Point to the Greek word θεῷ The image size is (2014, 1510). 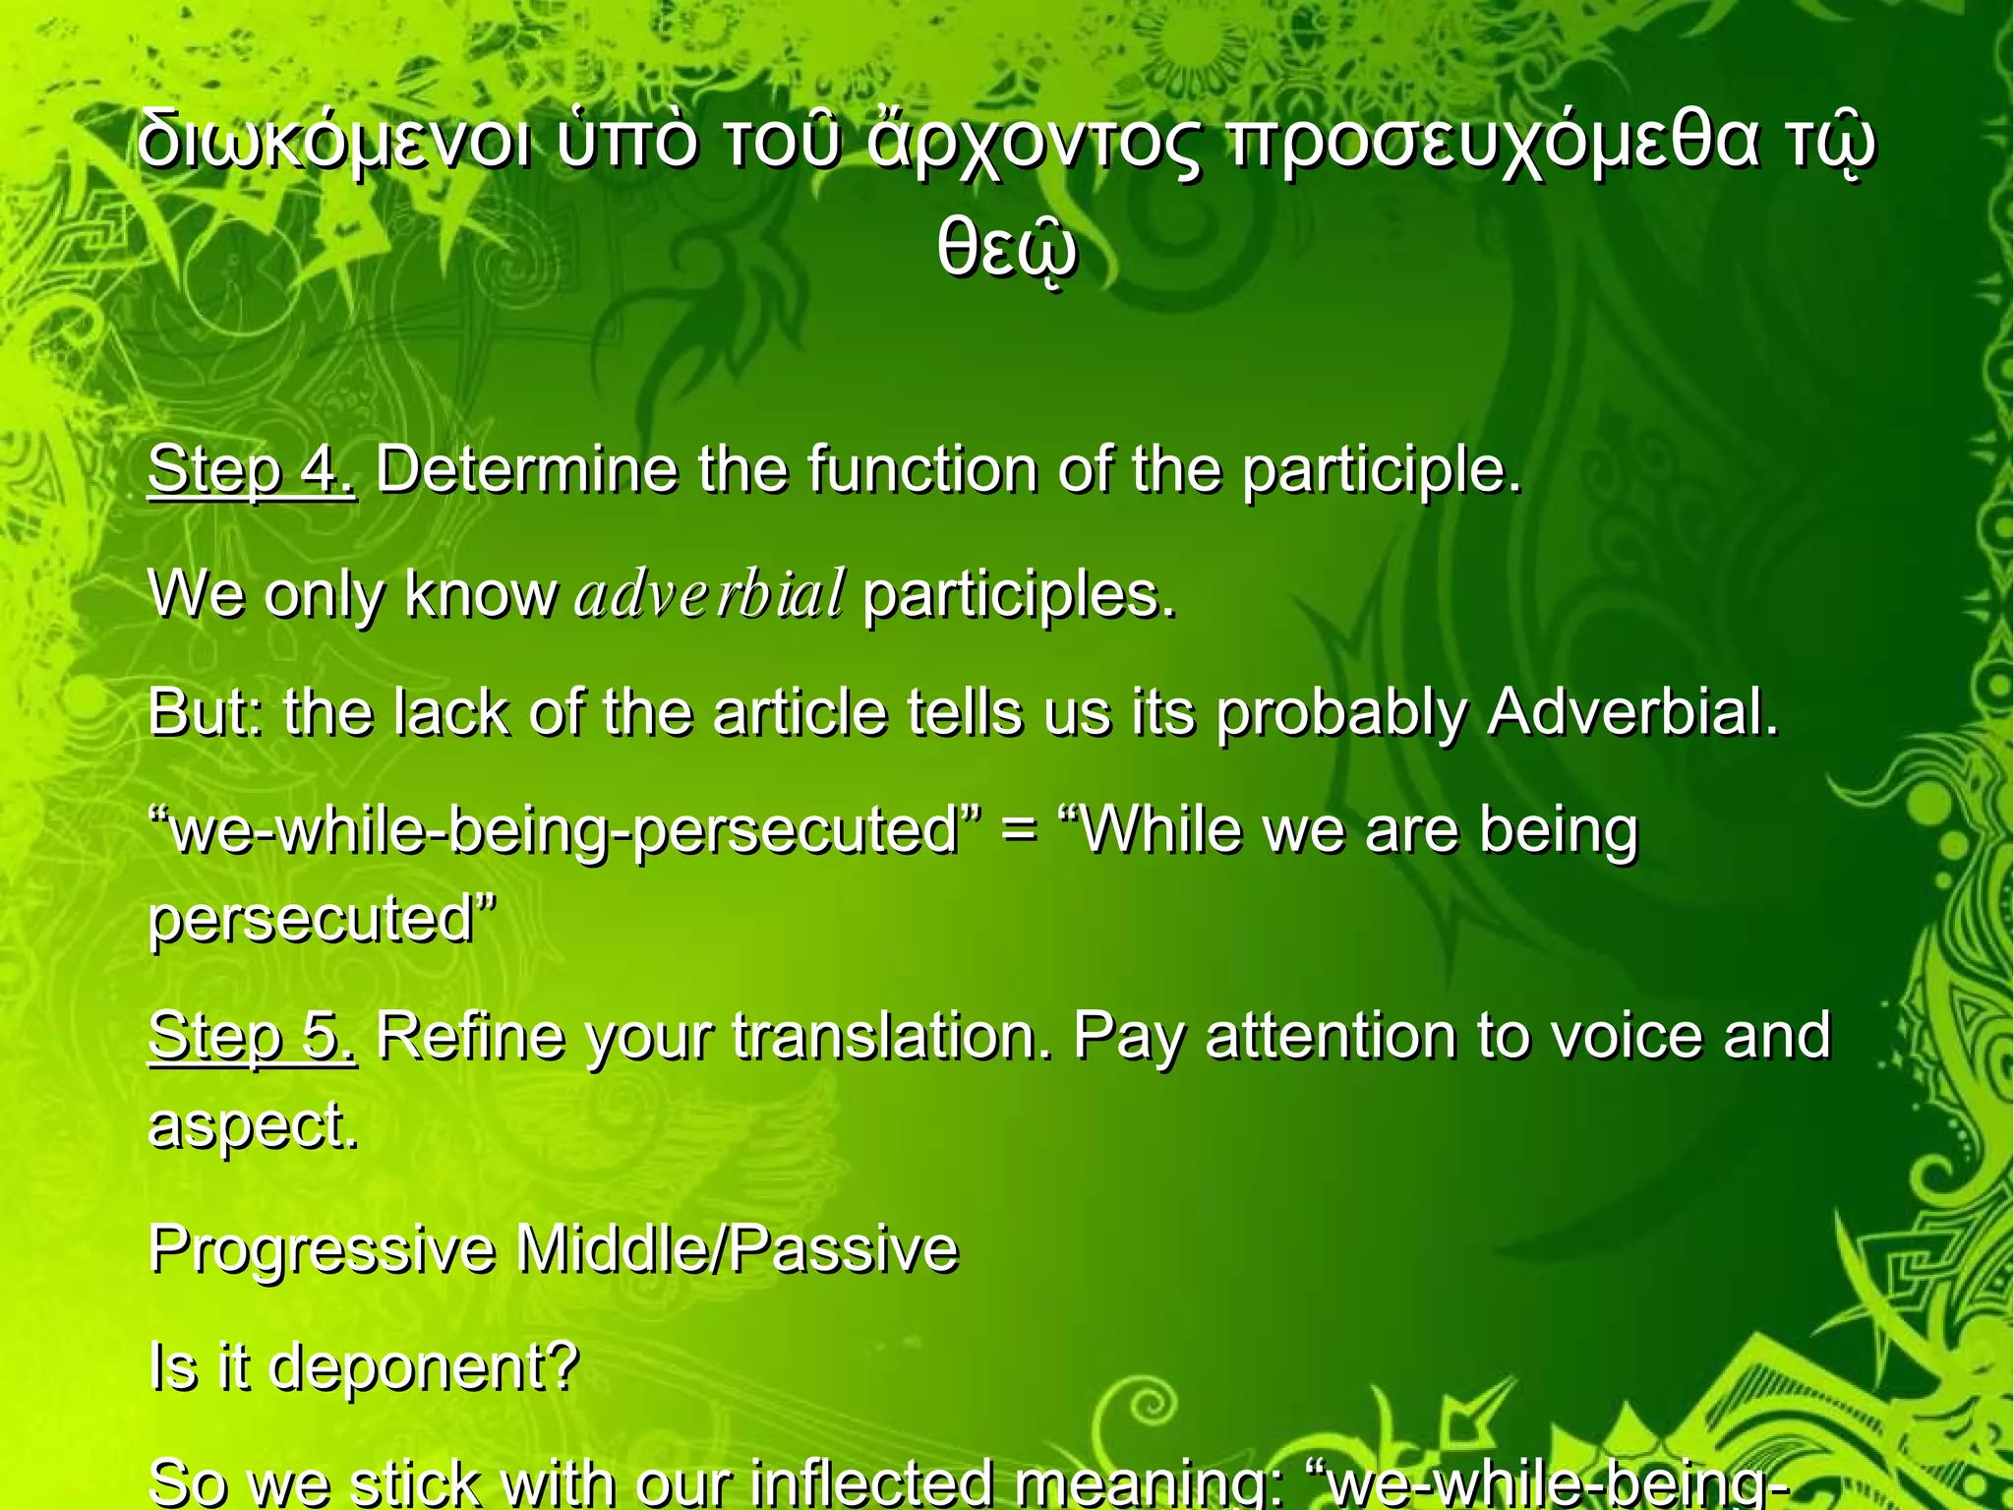1006,251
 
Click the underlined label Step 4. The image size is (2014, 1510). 252,469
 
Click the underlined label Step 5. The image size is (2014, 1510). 252,1035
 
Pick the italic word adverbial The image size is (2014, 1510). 709,595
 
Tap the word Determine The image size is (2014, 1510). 526,469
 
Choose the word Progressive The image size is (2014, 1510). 323,1249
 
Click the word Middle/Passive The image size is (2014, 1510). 737,1249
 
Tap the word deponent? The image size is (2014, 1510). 423,1367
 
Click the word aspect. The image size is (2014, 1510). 253,1125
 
